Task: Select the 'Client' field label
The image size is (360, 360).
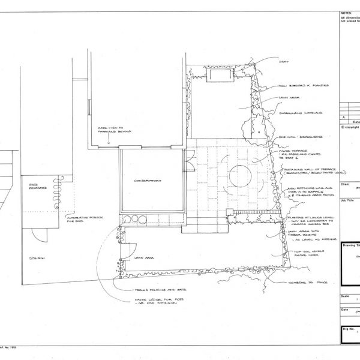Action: point(345,185)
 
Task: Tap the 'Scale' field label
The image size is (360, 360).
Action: point(344,296)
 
